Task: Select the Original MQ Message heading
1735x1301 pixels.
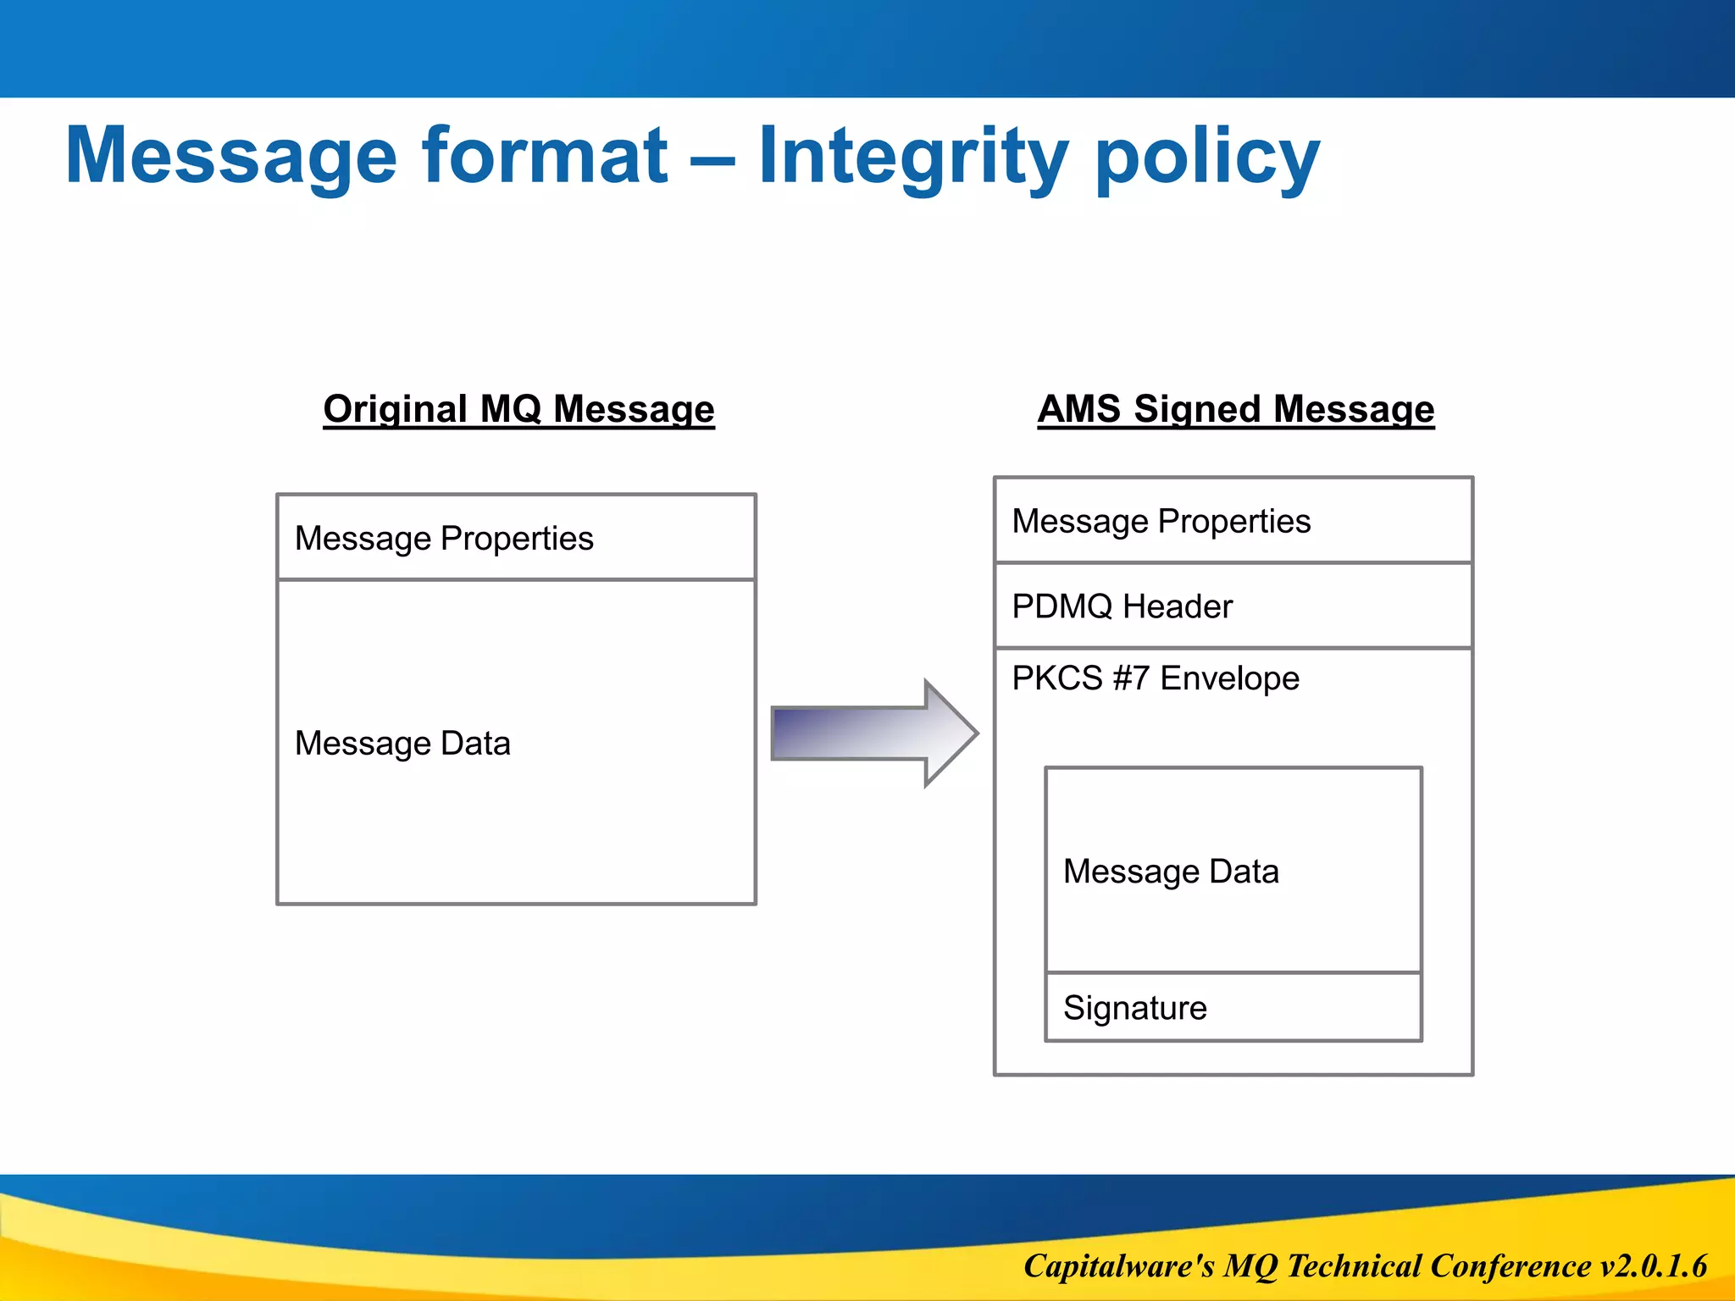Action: (518, 409)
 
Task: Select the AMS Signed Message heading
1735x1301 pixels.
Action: (1235, 409)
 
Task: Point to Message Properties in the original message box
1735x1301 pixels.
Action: (444, 539)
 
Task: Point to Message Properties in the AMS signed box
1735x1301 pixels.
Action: (1161, 522)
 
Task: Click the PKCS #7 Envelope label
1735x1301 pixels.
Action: (1155, 678)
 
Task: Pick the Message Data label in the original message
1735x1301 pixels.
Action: (402, 744)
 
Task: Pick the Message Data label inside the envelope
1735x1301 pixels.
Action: (1170, 872)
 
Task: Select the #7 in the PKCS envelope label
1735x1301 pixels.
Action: (1131, 678)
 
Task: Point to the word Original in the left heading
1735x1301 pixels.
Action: (395, 409)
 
